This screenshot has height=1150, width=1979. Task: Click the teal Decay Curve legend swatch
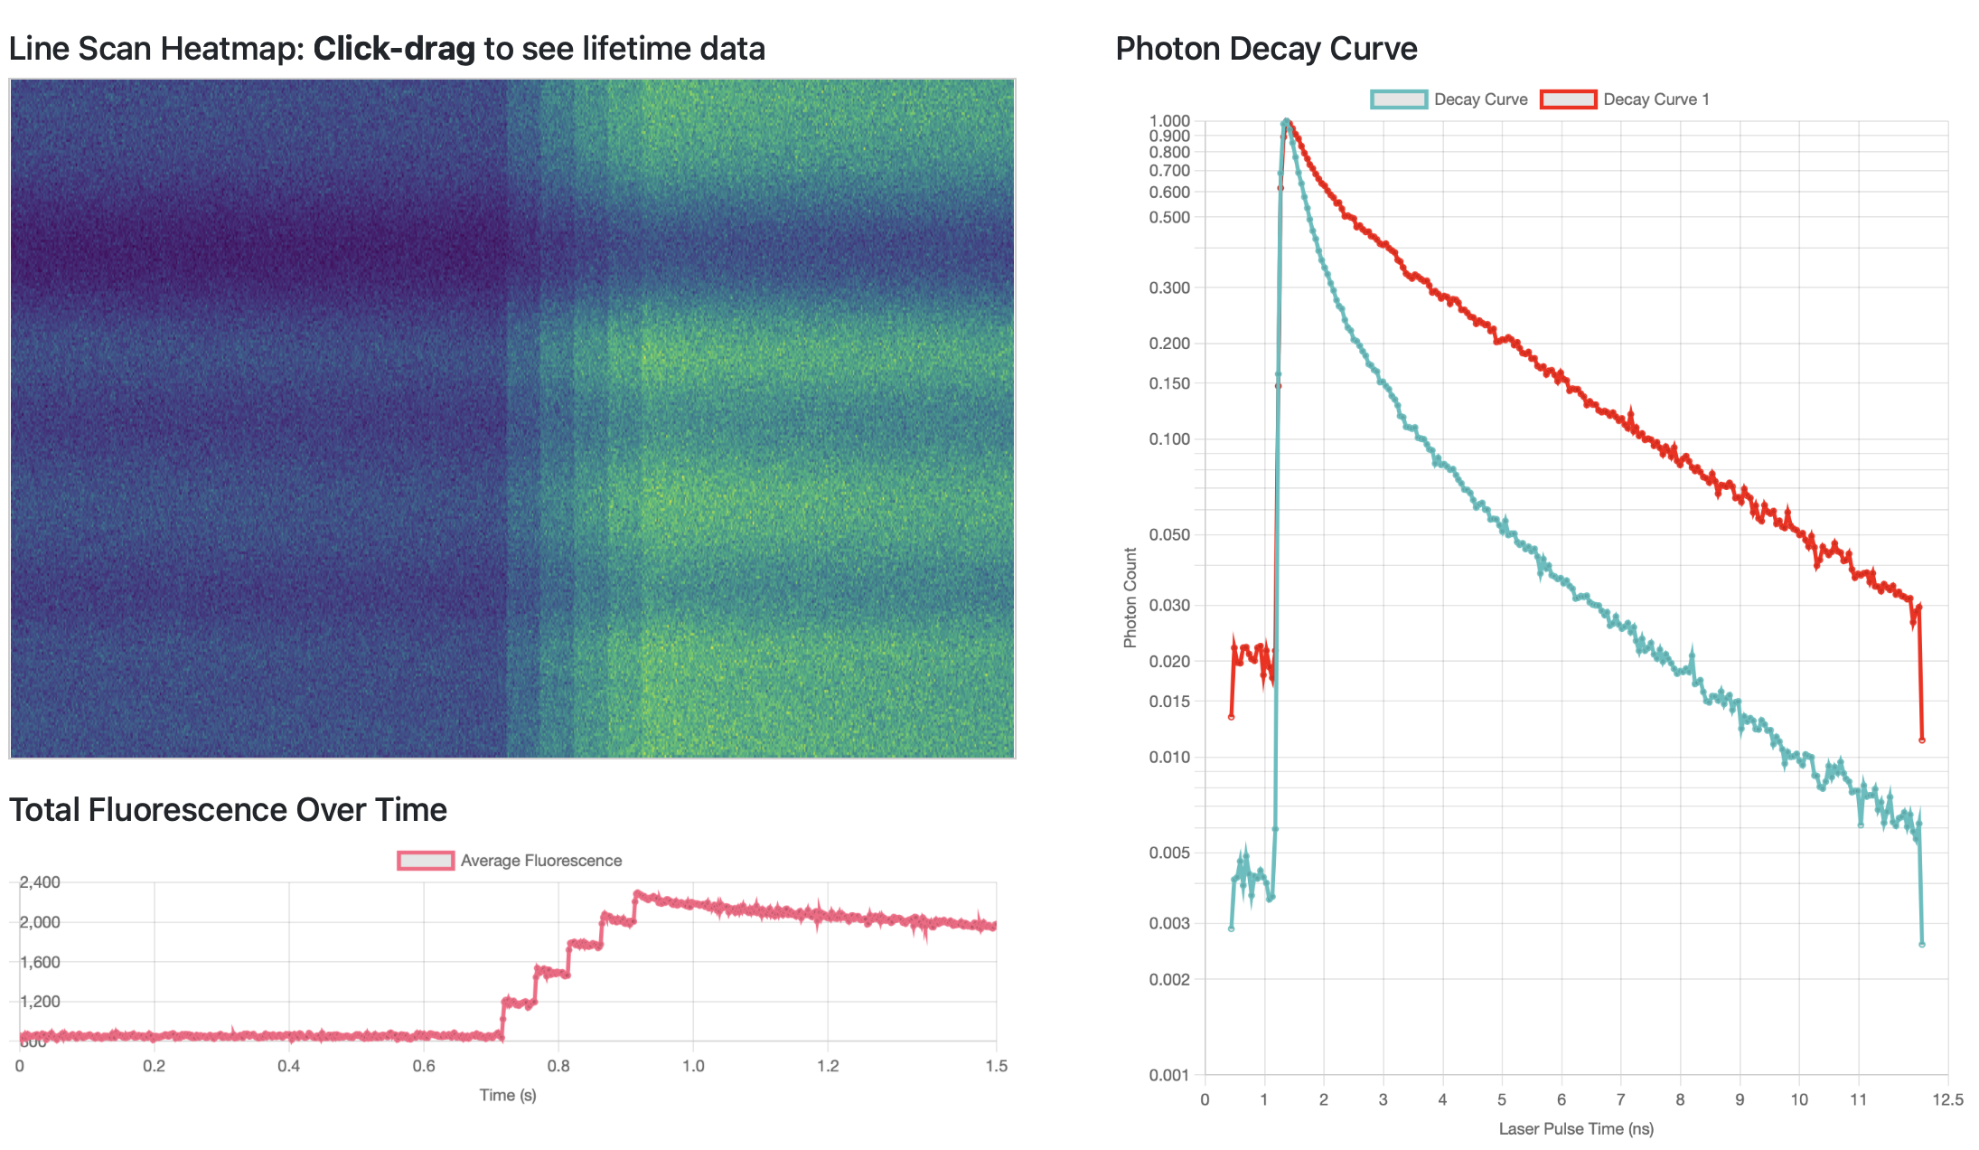point(1399,99)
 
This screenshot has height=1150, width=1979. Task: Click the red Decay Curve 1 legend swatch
point(1568,99)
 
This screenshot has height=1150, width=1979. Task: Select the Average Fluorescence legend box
point(426,861)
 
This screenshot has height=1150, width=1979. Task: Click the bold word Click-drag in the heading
point(394,49)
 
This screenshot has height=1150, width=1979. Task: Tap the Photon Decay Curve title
point(1266,49)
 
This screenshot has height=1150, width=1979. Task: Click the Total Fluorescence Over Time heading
point(228,810)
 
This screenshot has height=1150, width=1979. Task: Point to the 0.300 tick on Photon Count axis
point(1169,287)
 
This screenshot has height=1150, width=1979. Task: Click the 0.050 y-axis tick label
point(1169,534)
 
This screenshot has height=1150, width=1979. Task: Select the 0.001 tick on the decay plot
point(1169,1075)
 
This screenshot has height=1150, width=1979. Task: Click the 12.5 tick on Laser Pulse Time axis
point(1947,1099)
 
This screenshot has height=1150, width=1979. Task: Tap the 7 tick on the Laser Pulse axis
point(1620,1099)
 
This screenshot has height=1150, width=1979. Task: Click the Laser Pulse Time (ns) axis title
point(1576,1129)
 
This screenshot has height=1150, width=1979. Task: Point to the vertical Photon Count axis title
point(1130,598)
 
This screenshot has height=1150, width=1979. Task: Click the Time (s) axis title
point(508,1096)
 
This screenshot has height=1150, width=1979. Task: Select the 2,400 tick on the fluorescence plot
point(40,882)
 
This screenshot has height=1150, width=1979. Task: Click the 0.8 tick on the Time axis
point(558,1066)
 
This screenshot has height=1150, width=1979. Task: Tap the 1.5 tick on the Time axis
point(996,1066)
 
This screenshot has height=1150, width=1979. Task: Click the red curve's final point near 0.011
point(1921,740)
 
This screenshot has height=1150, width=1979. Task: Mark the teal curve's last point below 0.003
point(1921,945)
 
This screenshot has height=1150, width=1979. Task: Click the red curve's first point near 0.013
point(1231,717)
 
